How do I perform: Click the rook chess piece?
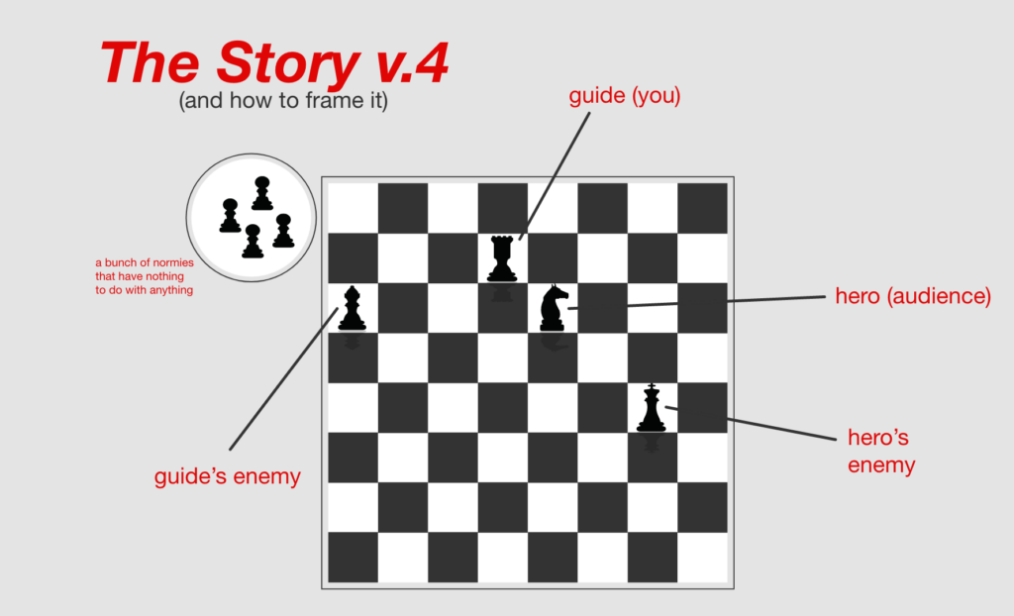tap(502, 258)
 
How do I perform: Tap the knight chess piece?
tap(554, 308)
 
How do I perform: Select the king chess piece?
tap(652, 408)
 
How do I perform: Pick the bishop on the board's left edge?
tap(352, 309)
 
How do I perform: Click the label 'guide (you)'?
tap(625, 96)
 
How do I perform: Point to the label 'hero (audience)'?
tap(913, 296)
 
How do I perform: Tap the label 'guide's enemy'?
tap(227, 476)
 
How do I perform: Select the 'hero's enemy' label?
tap(880, 451)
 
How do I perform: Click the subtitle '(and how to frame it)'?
tap(283, 101)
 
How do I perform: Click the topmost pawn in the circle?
tap(261, 193)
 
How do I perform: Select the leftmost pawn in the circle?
tap(230, 216)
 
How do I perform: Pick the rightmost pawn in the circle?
tap(283, 231)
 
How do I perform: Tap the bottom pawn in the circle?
tap(253, 242)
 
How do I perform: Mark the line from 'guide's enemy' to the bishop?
tap(284, 378)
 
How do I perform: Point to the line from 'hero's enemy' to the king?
tap(751, 424)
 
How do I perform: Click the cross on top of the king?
tap(652, 386)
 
